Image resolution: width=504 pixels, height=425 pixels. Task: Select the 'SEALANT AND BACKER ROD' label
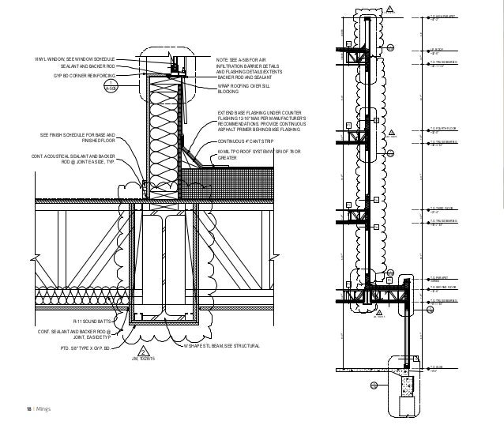coord(88,67)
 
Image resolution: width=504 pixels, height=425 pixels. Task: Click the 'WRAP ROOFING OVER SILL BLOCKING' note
coord(246,88)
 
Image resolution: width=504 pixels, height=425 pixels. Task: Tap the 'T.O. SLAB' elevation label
coord(438,367)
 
